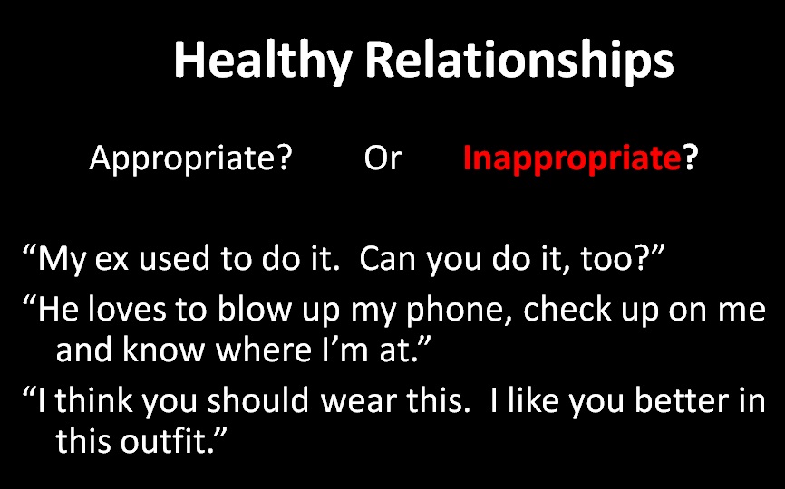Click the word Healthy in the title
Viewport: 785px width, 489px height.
(262, 62)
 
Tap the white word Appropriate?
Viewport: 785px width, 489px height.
(190, 159)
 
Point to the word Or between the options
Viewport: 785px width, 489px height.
(383, 159)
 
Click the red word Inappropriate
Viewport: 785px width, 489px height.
(571, 159)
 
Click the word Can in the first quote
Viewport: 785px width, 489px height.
(387, 260)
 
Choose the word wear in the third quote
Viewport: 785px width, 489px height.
(362, 400)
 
